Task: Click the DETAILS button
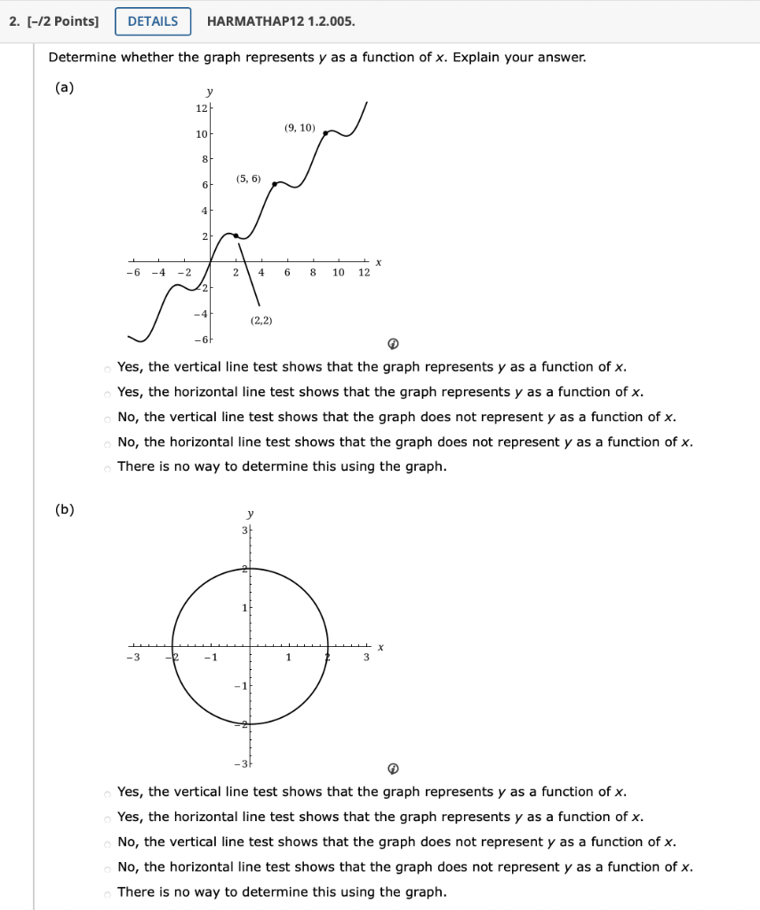click(x=153, y=21)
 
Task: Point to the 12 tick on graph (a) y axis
click(x=201, y=108)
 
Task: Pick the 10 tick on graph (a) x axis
click(x=339, y=273)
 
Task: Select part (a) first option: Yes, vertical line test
click(x=108, y=368)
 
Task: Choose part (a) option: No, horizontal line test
click(x=108, y=443)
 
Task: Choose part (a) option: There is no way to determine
click(x=108, y=467)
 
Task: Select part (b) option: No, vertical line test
click(x=108, y=842)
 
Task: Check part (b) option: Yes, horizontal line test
click(x=108, y=818)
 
